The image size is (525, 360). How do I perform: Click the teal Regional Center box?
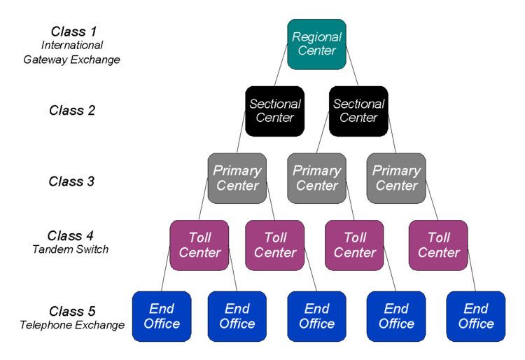316,44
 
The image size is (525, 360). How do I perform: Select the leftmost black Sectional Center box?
275,111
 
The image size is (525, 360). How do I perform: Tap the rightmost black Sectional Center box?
358,111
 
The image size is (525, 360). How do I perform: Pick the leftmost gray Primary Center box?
237,178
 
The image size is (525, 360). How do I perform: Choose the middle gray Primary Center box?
316,178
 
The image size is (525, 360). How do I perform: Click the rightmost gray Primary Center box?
396,178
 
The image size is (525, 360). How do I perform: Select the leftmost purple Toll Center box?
199,245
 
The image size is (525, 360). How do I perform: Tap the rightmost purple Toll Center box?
438,245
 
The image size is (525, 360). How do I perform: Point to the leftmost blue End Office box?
162,316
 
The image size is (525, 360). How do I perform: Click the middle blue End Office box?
317,316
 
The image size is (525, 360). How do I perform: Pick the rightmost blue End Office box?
476,316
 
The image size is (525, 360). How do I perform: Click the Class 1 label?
73,32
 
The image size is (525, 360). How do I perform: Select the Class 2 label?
72,111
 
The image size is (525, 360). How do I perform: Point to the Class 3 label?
72,181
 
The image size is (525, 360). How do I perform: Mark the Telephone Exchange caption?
73,325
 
